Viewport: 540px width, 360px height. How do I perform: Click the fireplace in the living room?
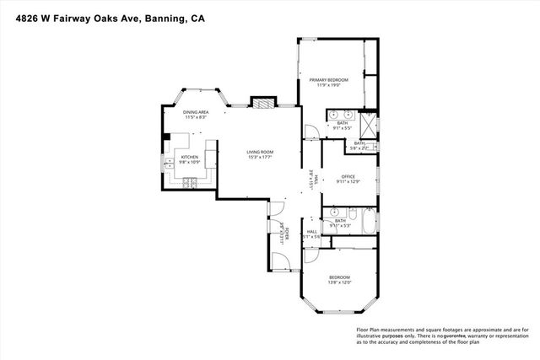263,104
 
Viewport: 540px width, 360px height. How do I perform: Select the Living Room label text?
260,154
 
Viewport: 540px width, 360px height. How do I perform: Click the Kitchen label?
190,159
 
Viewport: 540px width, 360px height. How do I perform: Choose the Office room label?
348,178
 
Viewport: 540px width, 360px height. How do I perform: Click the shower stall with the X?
368,126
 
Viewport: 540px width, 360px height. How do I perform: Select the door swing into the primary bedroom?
311,131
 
